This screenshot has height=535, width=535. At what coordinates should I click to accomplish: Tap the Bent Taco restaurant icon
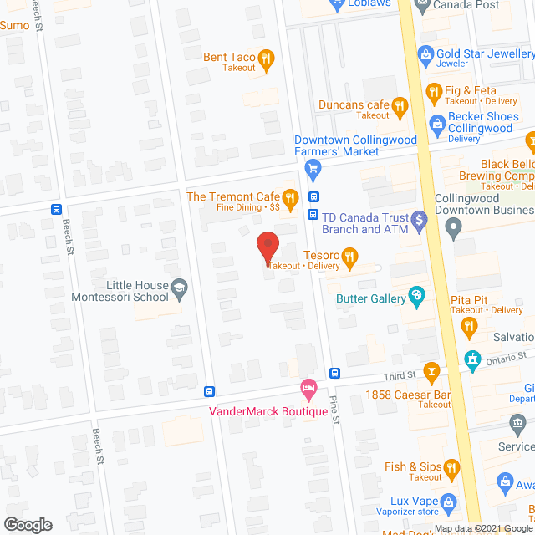point(266,58)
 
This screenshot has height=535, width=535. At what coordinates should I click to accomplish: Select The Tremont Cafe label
point(232,196)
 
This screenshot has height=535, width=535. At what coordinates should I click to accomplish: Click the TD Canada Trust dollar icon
point(420,220)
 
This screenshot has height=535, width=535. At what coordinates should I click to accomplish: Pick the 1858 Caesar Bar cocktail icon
point(431,369)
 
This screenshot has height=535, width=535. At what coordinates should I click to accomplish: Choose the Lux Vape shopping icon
point(448,502)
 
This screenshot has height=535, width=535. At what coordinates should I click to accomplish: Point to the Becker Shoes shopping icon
point(436,123)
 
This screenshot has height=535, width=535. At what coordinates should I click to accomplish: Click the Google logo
point(27,525)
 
